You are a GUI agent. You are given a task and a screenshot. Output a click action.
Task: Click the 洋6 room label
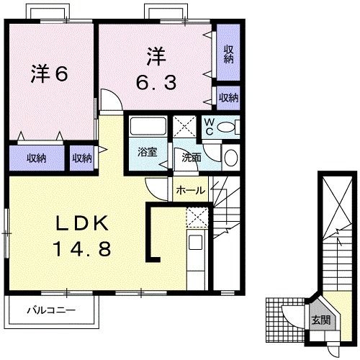(50, 73)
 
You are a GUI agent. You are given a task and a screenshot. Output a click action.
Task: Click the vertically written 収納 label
(228, 53)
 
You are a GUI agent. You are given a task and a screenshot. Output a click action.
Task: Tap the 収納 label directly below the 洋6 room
(37, 157)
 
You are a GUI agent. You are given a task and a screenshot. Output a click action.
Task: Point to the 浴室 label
(148, 153)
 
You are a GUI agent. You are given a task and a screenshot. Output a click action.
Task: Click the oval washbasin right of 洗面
(230, 158)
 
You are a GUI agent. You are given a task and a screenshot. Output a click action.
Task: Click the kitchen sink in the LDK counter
(196, 244)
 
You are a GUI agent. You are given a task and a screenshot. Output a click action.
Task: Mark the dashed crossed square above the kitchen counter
(197, 217)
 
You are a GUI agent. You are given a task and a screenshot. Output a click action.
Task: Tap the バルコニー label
(51, 311)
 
